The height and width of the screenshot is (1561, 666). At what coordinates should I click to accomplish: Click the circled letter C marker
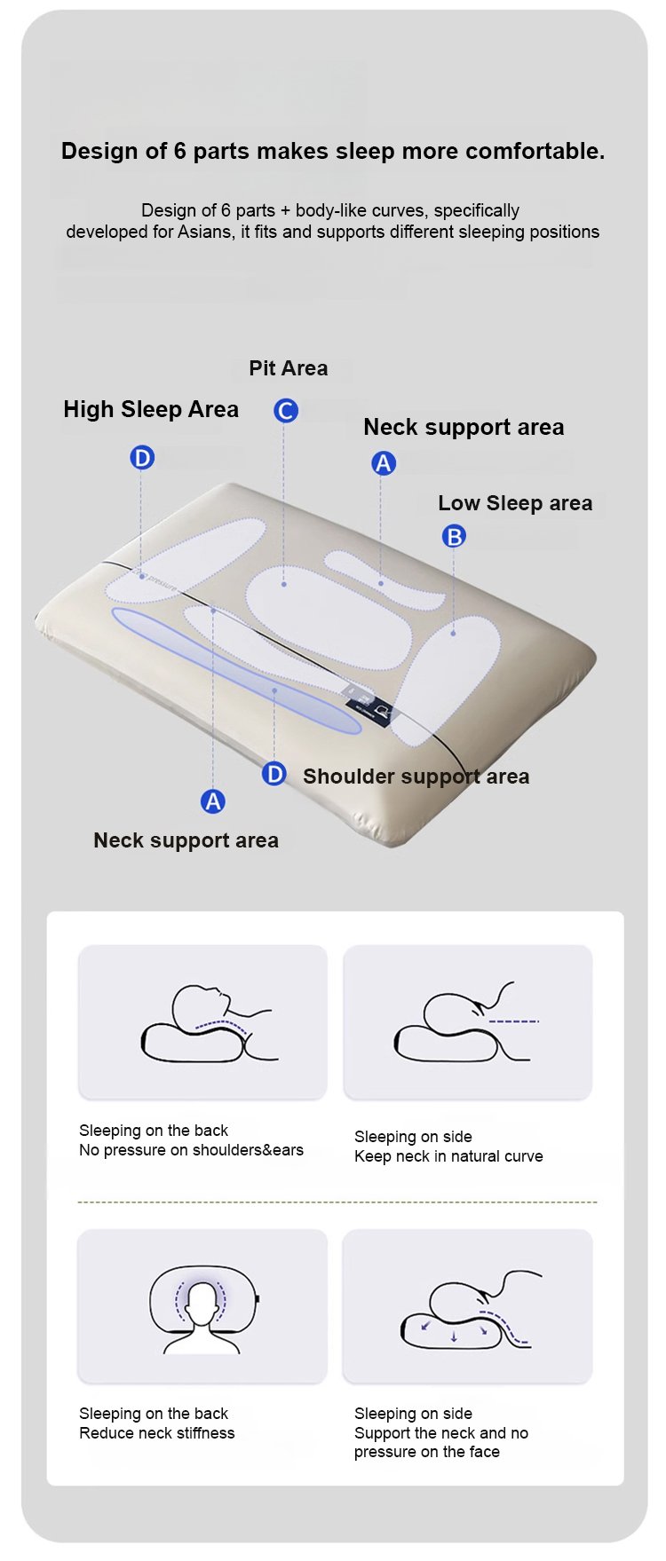point(286,411)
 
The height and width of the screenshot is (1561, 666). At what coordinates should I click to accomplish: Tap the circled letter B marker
point(454,536)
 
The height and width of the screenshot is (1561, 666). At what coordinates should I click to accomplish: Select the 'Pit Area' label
point(289,368)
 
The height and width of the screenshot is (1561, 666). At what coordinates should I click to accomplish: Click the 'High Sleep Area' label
point(151,409)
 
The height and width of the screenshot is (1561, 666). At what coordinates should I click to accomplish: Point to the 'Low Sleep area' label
point(515,503)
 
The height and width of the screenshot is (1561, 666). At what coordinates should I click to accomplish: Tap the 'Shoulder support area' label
point(416,777)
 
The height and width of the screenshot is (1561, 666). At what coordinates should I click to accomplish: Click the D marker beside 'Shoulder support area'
point(274,774)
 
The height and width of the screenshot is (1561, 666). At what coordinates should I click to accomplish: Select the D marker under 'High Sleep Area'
point(142,458)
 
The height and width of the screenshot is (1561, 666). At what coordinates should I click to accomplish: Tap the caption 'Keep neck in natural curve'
point(448,1156)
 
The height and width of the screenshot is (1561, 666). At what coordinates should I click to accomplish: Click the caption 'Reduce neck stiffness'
point(157,1433)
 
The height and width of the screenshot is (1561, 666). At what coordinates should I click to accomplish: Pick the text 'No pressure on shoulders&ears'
point(191,1150)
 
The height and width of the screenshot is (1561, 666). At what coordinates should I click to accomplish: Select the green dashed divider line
point(337,1202)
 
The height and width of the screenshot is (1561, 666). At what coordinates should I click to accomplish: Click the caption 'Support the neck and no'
point(441,1433)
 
